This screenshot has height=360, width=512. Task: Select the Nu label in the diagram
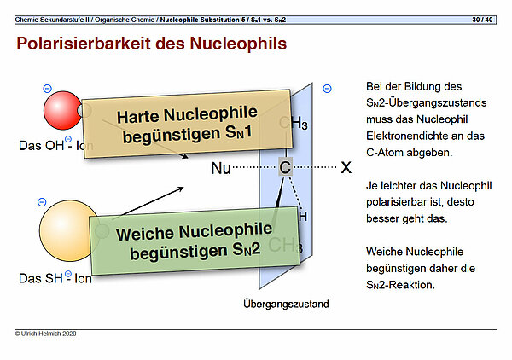[220, 169]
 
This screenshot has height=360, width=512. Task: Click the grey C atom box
[285, 169]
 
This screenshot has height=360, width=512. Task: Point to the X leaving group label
[346, 169]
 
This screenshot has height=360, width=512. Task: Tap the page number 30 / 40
[483, 19]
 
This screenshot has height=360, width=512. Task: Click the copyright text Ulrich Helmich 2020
[46, 334]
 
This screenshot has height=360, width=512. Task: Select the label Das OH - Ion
[55, 146]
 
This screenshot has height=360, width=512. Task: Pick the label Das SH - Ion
[55, 278]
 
